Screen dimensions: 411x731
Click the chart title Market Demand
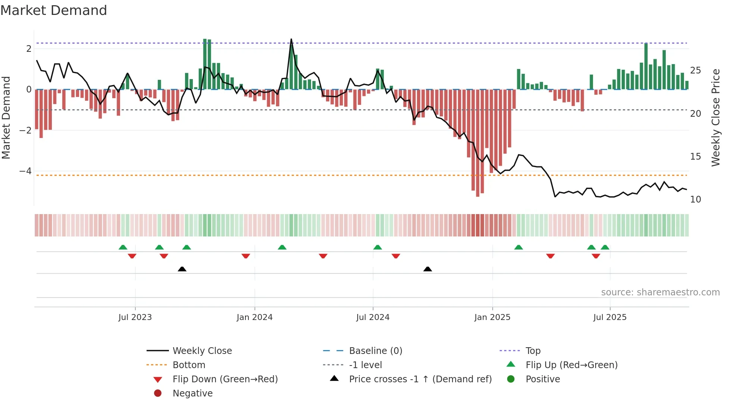click(x=54, y=10)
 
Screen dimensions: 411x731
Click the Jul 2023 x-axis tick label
click(x=135, y=317)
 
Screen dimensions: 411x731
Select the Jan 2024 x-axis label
click(x=254, y=317)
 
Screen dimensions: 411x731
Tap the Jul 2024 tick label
click(x=373, y=317)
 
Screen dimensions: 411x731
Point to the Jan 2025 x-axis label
click(x=492, y=317)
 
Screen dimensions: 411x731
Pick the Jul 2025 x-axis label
click(x=610, y=317)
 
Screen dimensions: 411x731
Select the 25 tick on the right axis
click(x=696, y=70)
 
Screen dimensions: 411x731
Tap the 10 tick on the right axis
click(x=696, y=200)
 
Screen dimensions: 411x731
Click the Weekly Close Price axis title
click(x=715, y=117)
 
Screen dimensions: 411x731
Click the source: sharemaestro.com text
click(x=660, y=292)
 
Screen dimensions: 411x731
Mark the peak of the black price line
click(x=291, y=39)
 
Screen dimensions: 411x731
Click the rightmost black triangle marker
click(x=428, y=269)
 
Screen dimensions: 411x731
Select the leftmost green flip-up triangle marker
click(x=123, y=247)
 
